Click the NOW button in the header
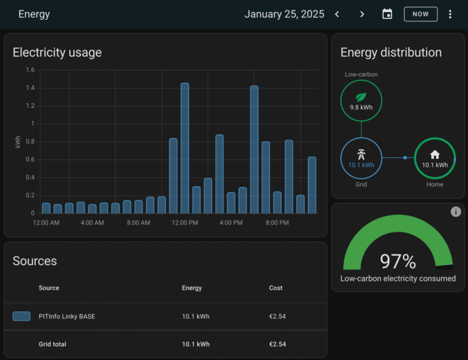click(x=420, y=14)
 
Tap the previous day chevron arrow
click(x=338, y=14)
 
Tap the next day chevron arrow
click(x=362, y=14)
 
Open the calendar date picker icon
click(x=387, y=14)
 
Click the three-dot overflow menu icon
click(x=450, y=14)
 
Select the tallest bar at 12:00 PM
click(x=184, y=147)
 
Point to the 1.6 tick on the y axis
click(x=30, y=70)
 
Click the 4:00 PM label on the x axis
click(x=231, y=223)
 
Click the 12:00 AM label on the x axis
click(x=46, y=223)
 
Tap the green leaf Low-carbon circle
click(x=361, y=100)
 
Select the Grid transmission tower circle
click(x=361, y=157)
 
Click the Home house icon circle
click(x=435, y=157)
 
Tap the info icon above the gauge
click(x=456, y=212)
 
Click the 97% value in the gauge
click(x=398, y=261)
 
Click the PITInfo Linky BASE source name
click(x=67, y=316)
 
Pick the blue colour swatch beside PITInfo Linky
click(x=21, y=316)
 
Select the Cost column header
click(x=276, y=288)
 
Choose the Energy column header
click(x=191, y=288)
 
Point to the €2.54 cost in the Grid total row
click(x=277, y=344)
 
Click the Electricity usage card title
click(x=57, y=52)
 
